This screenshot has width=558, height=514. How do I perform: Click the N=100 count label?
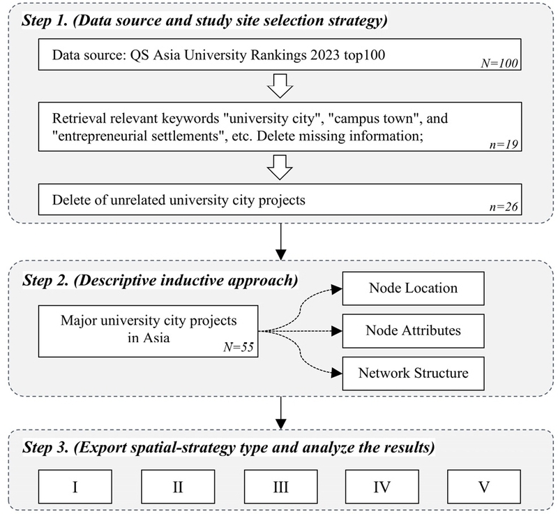tap(499, 64)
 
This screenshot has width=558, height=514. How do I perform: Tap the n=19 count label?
tap(504, 145)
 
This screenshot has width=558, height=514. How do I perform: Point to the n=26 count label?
tap(504, 207)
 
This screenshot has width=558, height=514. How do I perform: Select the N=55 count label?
tap(239, 347)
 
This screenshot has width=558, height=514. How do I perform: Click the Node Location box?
tap(413, 288)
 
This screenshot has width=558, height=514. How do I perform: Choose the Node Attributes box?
tap(413, 331)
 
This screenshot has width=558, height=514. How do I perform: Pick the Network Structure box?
tap(413, 374)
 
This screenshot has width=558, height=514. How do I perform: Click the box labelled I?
tap(75, 487)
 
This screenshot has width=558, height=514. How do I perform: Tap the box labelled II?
tap(178, 487)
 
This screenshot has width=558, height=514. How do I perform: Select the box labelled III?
tap(281, 487)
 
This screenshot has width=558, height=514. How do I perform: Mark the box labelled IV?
tap(382, 487)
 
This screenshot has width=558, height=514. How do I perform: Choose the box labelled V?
tap(484, 487)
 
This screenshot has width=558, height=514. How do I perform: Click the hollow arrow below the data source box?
tap(280, 86)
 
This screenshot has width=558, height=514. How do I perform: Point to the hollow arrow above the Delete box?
tap(280, 168)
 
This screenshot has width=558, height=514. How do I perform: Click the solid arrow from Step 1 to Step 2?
tap(281, 242)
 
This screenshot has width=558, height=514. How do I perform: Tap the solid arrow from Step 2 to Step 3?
tap(281, 413)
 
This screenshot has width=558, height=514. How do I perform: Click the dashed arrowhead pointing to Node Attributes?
tap(337, 331)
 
